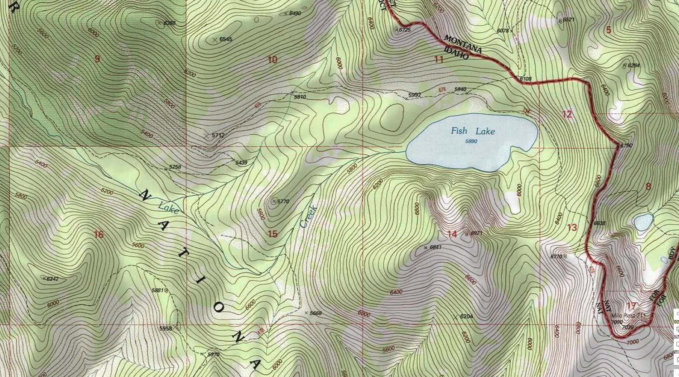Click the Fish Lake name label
click(473, 131)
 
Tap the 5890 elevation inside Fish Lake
click(471, 142)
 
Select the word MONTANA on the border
click(463, 44)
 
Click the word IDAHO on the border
click(456, 53)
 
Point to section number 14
click(452, 234)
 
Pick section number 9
click(97, 59)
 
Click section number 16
click(98, 234)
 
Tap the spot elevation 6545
click(226, 39)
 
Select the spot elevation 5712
click(218, 135)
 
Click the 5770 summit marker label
click(283, 201)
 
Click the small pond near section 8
click(643, 222)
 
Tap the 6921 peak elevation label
click(476, 233)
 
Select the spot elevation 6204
click(466, 316)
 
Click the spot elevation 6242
click(53, 279)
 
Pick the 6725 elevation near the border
click(405, 30)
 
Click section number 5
click(608, 30)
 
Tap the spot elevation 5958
click(165, 328)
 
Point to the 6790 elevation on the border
click(626, 145)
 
